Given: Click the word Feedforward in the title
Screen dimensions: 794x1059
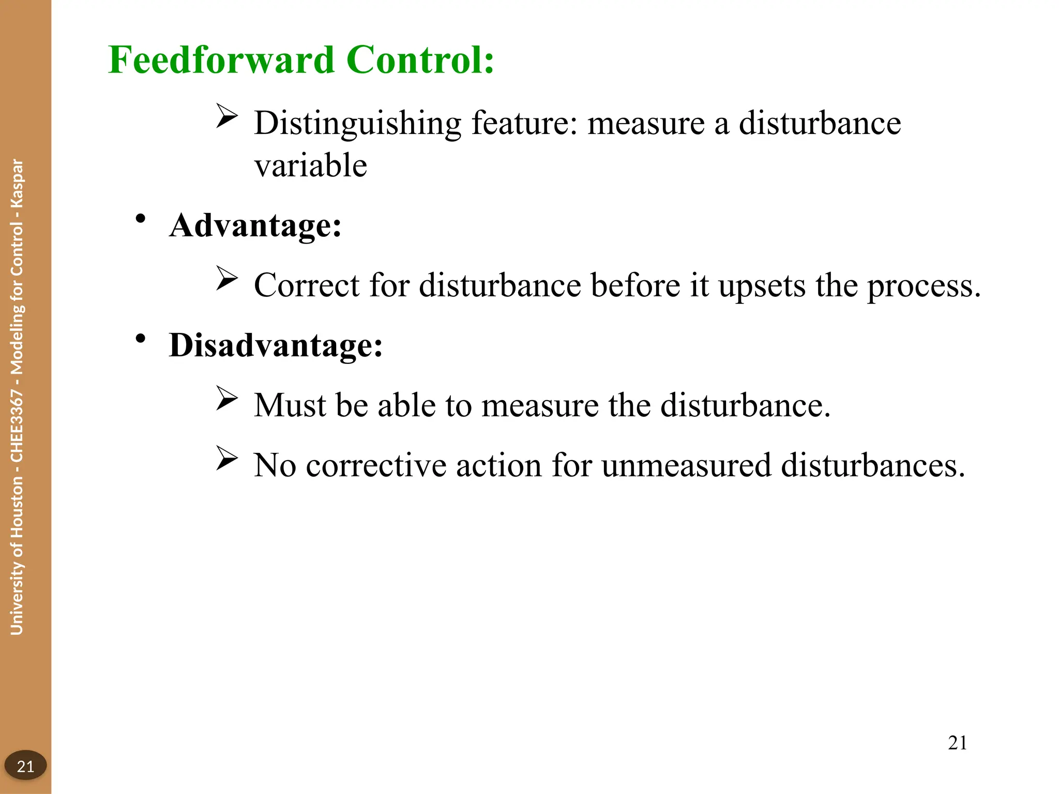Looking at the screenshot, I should pos(221,60).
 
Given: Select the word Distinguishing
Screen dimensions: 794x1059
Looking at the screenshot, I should pos(357,124).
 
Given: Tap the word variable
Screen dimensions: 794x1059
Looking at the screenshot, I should pos(310,166).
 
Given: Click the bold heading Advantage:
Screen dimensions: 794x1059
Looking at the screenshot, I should pos(255,226).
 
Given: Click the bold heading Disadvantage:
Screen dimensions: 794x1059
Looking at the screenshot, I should pos(276,345).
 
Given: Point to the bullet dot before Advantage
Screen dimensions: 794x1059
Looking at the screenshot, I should pos(140,219).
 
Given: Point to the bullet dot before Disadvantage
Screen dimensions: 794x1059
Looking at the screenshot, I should pos(140,339).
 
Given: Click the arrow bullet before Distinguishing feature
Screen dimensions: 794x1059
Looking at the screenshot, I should pos(226,116).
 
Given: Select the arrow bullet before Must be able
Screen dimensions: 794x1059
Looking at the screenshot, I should pos(226,398).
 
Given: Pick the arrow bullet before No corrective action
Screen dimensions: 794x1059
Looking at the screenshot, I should pos(226,458).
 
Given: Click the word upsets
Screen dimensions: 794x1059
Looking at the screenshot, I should pos(762,286).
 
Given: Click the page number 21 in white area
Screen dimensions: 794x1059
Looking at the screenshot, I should pos(957,743).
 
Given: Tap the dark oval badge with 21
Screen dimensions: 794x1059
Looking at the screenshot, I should pos(25,766).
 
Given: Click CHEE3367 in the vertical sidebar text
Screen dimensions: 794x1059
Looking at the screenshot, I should pos(17,426).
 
